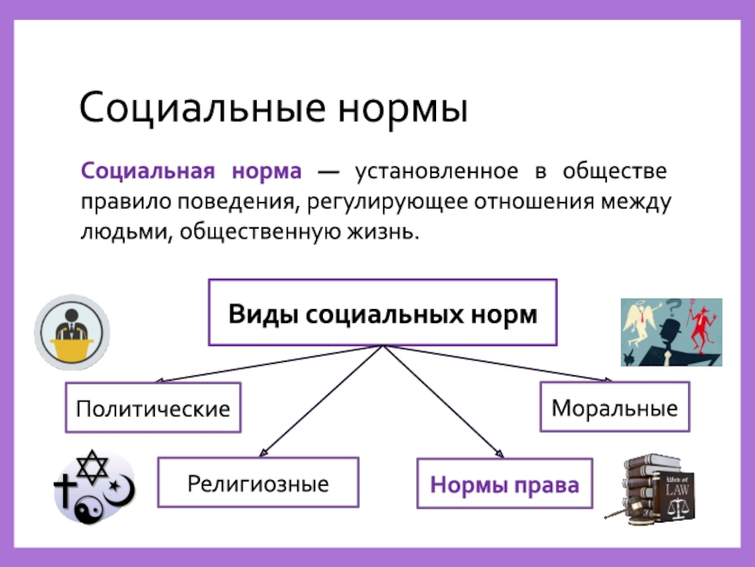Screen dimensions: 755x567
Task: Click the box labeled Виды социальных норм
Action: (x=382, y=313)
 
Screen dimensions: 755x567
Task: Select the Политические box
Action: (x=153, y=408)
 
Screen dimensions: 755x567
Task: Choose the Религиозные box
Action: (x=258, y=484)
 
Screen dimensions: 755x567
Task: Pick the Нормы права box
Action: (x=504, y=486)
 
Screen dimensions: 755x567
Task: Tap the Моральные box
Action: (x=614, y=408)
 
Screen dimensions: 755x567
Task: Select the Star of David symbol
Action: (x=93, y=465)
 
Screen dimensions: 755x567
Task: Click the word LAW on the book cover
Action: (x=678, y=490)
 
